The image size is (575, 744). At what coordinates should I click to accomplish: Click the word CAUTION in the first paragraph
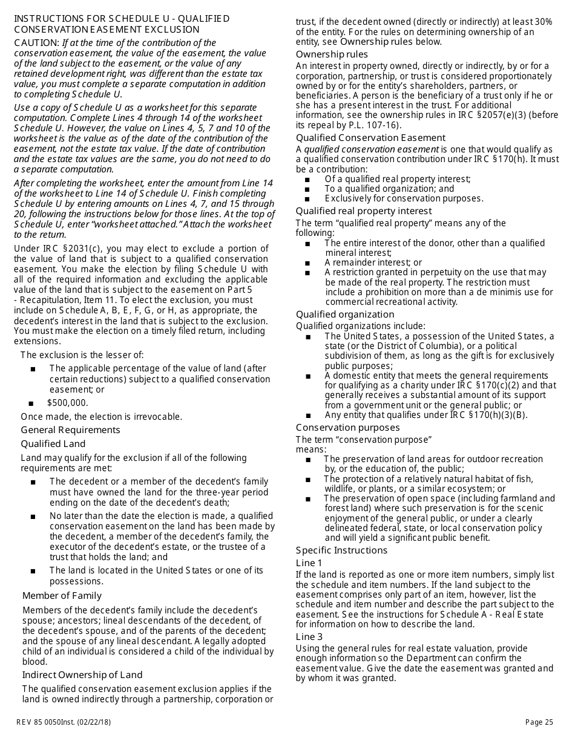click(x=37, y=43)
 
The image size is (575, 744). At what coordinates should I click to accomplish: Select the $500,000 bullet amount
click(x=68, y=403)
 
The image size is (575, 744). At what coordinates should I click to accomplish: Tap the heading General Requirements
click(x=70, y=430)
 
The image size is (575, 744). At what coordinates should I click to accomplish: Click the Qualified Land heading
click(x=53, y=444)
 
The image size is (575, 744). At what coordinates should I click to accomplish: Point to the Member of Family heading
click(x=62, y=596)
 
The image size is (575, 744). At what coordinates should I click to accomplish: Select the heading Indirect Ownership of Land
click(x=82, y=675)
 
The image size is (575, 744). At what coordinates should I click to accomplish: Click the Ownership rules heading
click(x=332, y=54)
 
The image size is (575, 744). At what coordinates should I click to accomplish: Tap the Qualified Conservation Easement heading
click(x=370, y=138)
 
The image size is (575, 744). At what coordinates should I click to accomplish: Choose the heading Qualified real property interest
click(x=364, y=211)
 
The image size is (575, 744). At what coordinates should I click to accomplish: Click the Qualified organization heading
click(x=345, y=315)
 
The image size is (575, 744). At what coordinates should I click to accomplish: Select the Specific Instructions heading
click(x=341, y=550)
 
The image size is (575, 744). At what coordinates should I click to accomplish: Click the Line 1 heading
click(x=309, y=563)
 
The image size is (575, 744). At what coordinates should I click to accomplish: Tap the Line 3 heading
click(x=309, y=637)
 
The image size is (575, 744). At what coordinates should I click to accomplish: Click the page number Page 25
click(x=539, y=722)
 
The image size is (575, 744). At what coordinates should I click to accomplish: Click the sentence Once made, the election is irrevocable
click(x=102, y=417)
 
